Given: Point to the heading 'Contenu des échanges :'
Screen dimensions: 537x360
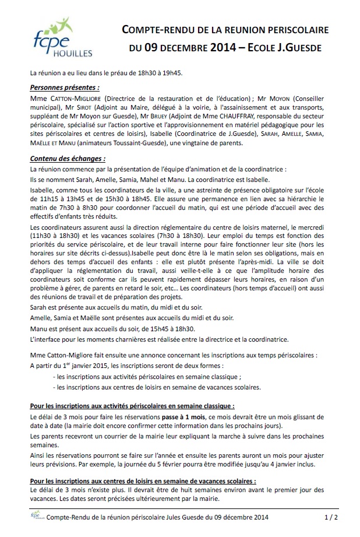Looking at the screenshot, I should pyautogui.click(x=68, y=158).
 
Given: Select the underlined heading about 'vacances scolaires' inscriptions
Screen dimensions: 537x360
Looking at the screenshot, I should pyautogui.click(x=142, y=481).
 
